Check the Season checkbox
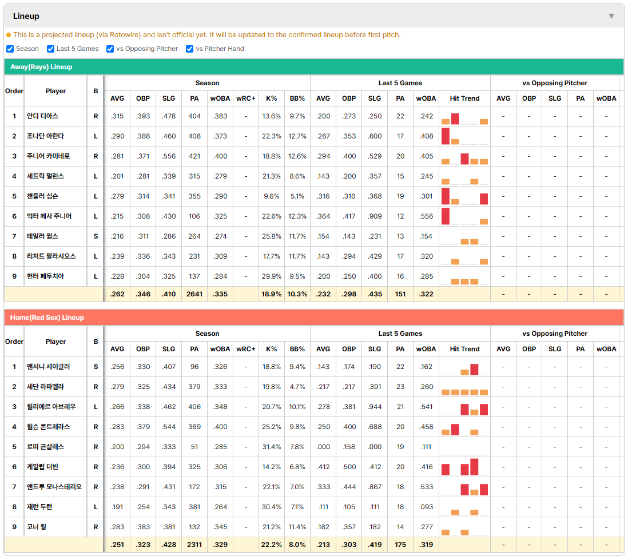click(x=10, y=49)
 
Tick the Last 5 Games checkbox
click(x=50, y=49)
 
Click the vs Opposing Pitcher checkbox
click(x=110, y=49)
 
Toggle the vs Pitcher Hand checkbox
click(x=189, y=49)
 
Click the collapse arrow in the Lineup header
click(x=611, y=16)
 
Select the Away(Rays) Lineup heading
click(x=41, y=67)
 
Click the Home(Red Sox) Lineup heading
click(x=47, y=318)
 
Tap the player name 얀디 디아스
click(x=42, y=116)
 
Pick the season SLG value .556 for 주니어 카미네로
click(x=169, y=156)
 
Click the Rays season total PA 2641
click(x=194, y=294)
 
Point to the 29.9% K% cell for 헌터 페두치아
click(x=272, y=276)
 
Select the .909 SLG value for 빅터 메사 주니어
click(x=375, y=216)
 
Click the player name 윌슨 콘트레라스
click(x=49, y=427)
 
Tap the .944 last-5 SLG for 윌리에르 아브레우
click(x=375, y=407)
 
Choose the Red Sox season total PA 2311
click(x=194, y=545)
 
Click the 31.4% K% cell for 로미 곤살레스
click(x=272, y=447)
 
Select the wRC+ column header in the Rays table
click(x=245, y=98)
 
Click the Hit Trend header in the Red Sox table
click(x=464, y=349)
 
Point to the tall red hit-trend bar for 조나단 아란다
click(x=446, y=136)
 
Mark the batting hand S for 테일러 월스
click(x=96, y=236)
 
